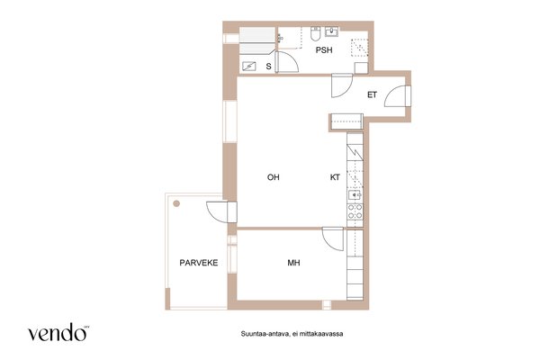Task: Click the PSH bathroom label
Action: coord(324,50)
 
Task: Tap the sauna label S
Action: coord(268,67)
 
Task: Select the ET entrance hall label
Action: coord(372,94)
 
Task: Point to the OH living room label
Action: coord(273,177)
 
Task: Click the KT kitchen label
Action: coord(335,177)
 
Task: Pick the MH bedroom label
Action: coord(293,263)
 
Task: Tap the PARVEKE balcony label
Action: coord(199,263)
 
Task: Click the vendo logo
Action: coord(58,332)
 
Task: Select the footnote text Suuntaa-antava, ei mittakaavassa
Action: coord(292,334)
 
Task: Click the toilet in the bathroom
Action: coord(316,34)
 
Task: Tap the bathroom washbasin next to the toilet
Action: coord(331,31)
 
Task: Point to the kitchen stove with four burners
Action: coord(355,211)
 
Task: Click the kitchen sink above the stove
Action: coord(355,195)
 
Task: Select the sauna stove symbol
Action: coord(248,66)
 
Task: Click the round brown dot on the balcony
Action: coord(176,203)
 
